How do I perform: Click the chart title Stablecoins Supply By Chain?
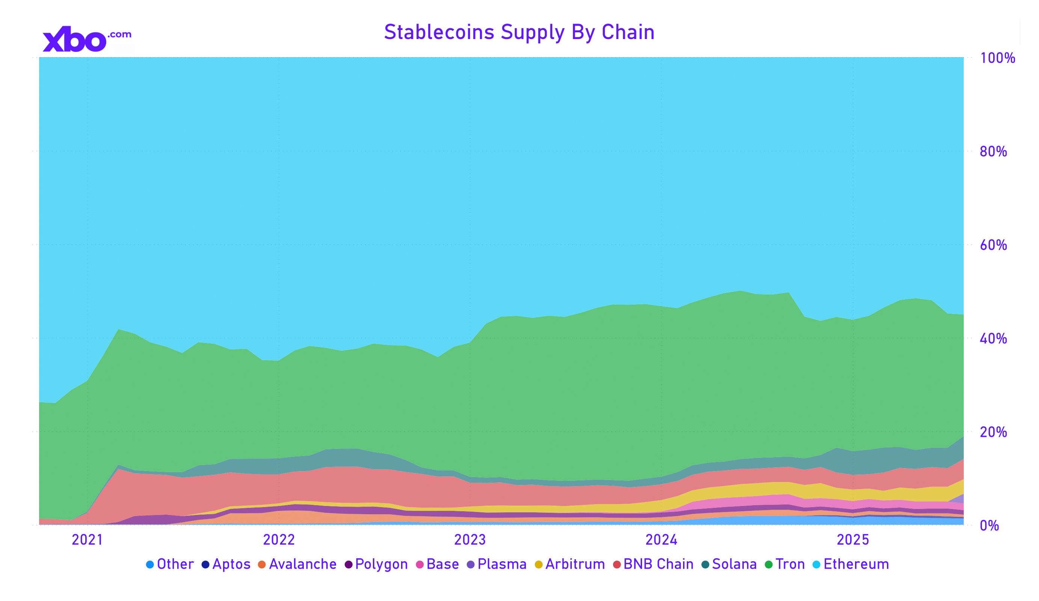pos(519,32)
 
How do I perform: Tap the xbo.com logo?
pos(87,39)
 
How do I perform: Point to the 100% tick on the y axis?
pos(997,58)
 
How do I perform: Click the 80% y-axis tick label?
pos(993,152)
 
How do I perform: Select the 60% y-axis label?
pos(993,245)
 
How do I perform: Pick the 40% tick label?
pos(993,339)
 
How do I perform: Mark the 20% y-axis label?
pos(993,432)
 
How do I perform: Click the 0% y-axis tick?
pos(989,526)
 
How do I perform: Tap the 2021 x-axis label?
pos(87,540)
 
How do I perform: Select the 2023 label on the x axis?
pos(470,540)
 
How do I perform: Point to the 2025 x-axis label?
pos(853,540)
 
